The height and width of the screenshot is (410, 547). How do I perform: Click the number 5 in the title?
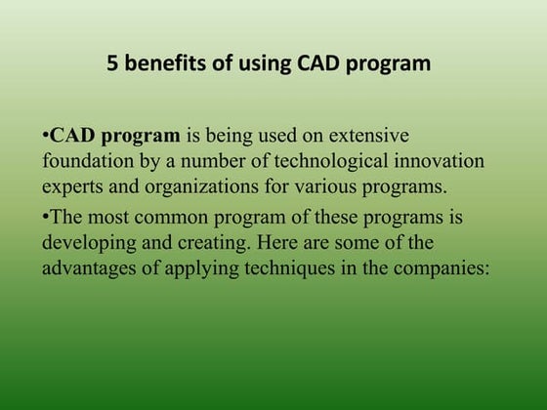(112, 65)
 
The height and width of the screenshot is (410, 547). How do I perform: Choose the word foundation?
(85, 159)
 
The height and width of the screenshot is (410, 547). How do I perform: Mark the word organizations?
(189, 184)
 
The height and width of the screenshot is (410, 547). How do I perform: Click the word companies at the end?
(441, 267)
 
